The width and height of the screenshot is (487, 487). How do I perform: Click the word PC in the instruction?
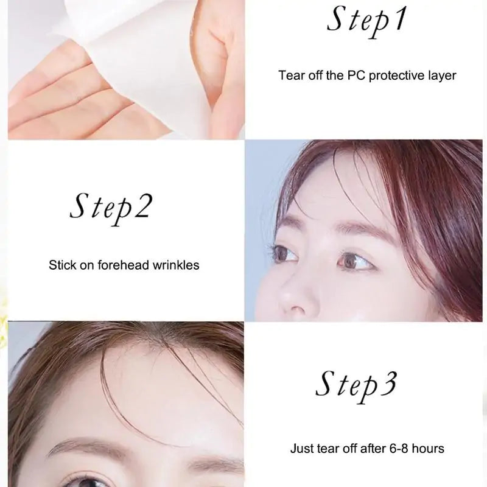(x=356, y=76)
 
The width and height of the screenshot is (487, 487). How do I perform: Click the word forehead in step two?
(x=122, y=265)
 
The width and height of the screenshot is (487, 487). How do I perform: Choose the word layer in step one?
(x=441, y=76)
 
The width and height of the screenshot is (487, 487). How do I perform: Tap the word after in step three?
(x=360, y=449)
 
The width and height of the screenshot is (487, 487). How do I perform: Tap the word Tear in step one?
(x=290, y=76)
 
